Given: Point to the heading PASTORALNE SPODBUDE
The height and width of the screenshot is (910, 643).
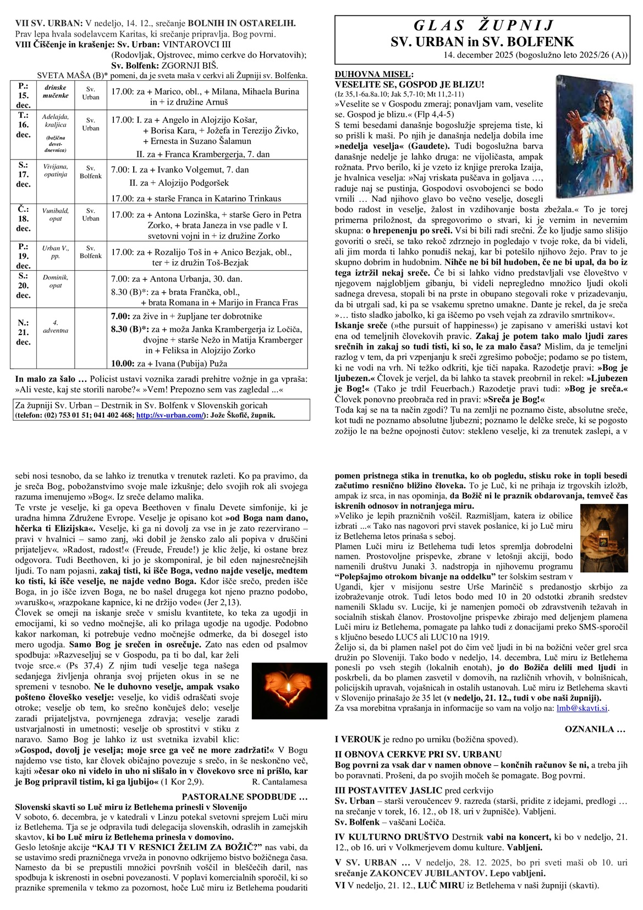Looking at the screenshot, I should [245, 797].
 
